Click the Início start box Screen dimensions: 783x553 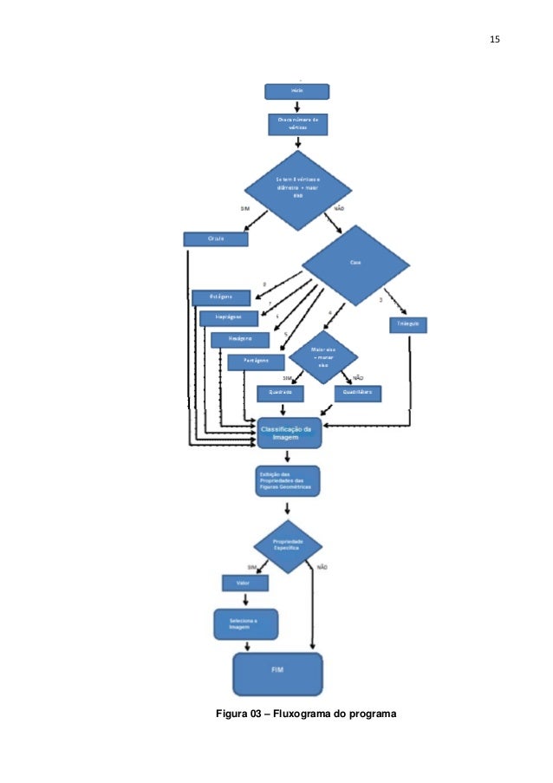pyautogui.click(x=296, y=91)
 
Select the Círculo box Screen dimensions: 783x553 pyautogui.click(x=216, y=238)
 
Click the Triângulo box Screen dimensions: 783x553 pyautogui.click(x=407, y=324)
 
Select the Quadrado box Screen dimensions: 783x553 pyautogui.click(x=280, y=393)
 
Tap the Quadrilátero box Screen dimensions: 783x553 pyautogui.click(x=358, y=393)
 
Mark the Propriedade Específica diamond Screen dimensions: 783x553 pyautogui.click(x=287, y=545)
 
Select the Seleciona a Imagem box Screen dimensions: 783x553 pyautogui.click(x=245, y=624)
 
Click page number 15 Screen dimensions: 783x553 pyautogui.click(x=495, y=40)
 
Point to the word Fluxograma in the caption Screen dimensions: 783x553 pyautogui.click(x=301, y=714)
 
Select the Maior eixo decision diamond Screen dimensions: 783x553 pyautogui.click(x=322, y=357)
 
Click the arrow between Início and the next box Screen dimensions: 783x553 pyautogui.click(x=296, y=107)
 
